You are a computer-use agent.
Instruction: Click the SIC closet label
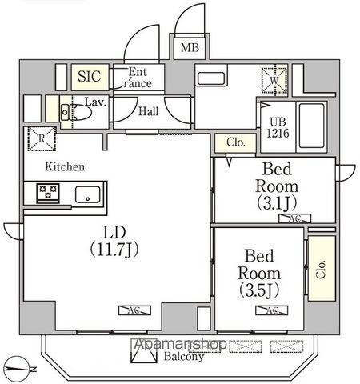click(88, 78)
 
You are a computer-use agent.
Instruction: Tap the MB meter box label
click(189, 48)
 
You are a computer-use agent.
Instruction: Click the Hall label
click(149, 112)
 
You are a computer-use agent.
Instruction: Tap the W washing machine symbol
click(273, 79)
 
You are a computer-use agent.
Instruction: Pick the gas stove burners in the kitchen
click(46, 193)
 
